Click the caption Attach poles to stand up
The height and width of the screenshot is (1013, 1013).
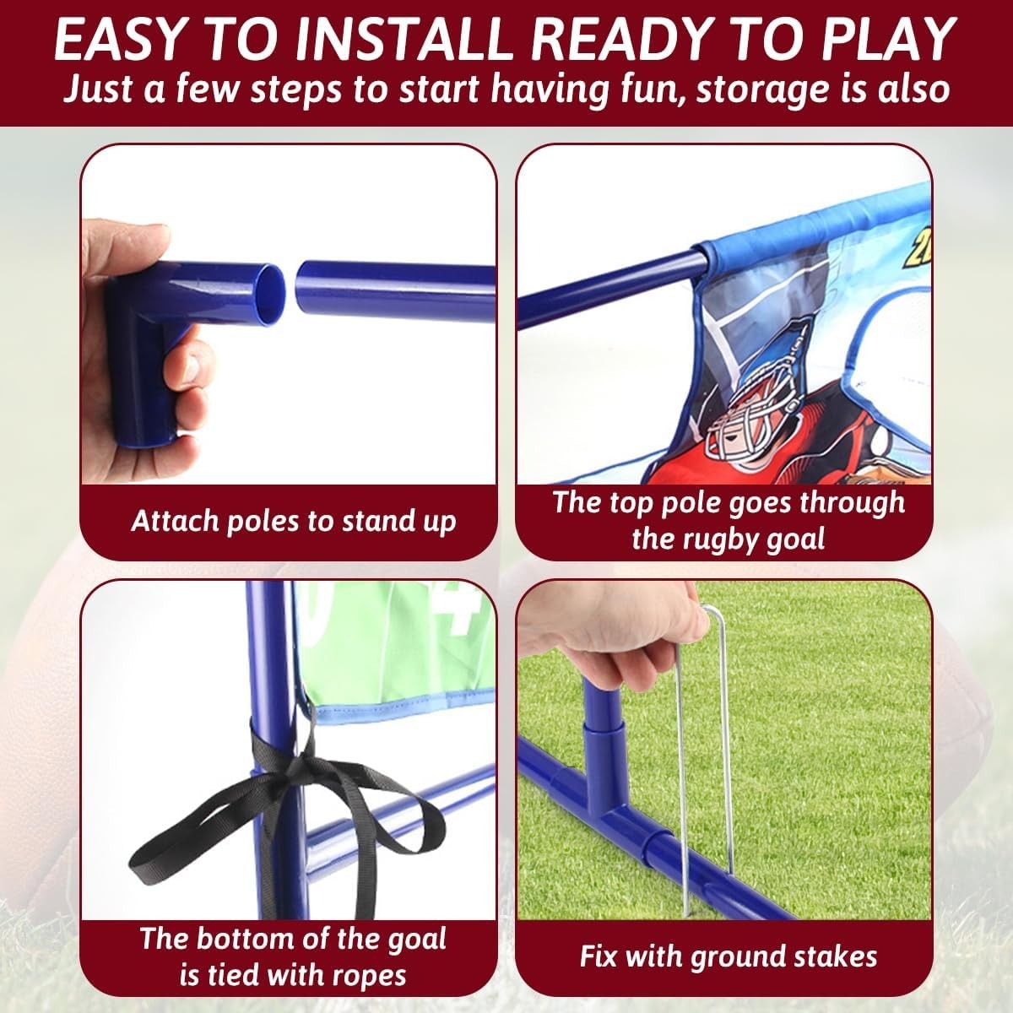point(293,520)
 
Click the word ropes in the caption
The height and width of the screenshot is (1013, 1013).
point(365,976)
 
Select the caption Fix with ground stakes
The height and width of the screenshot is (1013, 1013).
point(728,956)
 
